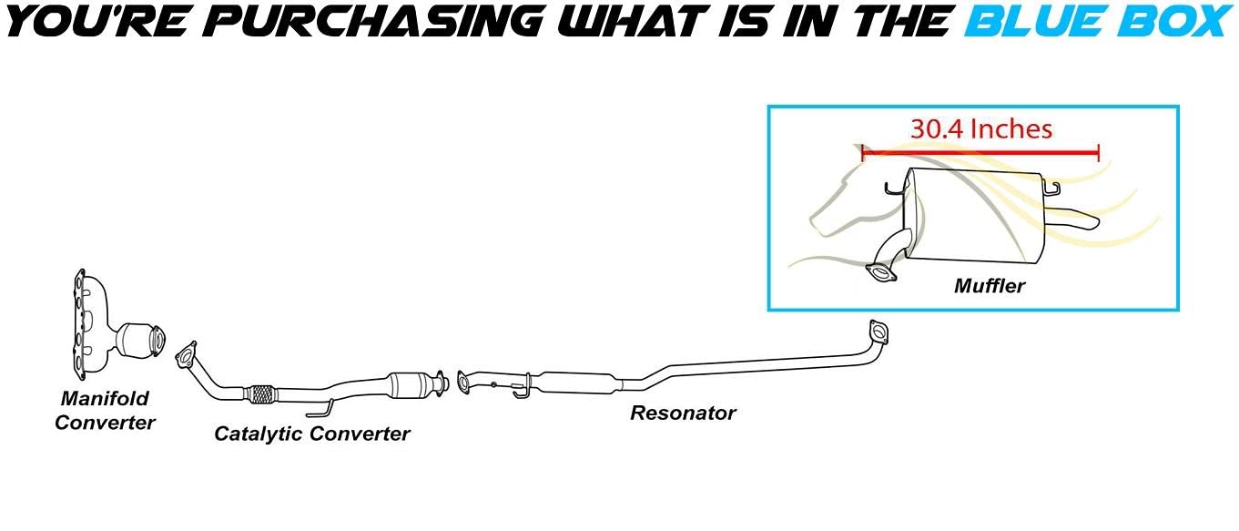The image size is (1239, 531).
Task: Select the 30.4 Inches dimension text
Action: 981,129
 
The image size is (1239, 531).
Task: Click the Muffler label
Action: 990,286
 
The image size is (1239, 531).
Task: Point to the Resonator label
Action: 683,413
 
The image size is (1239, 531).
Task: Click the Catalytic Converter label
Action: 311,434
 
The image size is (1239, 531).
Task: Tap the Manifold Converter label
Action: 105,411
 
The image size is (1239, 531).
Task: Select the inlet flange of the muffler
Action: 880,272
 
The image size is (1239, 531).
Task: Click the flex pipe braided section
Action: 261,394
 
